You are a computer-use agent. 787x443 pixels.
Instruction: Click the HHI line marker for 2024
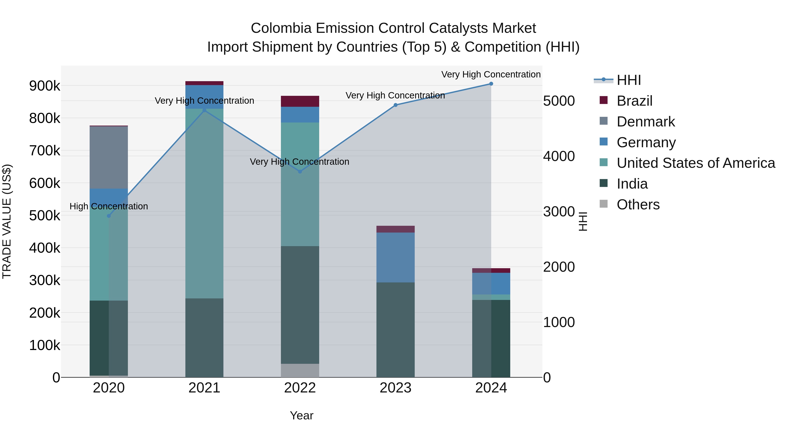click(491, 84)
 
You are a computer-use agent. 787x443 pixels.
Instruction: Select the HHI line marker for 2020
click(109, 216)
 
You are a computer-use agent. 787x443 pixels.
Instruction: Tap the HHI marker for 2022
click(300, 172)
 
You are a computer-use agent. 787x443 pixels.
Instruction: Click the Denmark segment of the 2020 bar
click(109, 158)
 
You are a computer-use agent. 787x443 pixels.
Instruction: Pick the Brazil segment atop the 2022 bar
click(300, 101)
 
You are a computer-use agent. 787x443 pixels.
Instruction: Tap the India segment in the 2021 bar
click(204, 338)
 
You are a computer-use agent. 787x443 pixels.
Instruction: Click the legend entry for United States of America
click(696, 163)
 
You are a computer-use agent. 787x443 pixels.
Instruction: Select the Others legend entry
click(638, 205)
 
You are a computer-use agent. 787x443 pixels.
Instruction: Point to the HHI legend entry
click(629, 80)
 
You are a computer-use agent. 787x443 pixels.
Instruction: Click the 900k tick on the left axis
click(45, 86)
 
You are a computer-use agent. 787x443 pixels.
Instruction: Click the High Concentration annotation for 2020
click(109, 206)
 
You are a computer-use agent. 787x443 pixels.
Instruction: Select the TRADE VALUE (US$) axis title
click(7, 221)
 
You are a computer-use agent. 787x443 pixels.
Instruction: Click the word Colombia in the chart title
click(281, 28)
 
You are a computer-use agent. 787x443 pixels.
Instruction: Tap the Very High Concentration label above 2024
click(491, 74)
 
